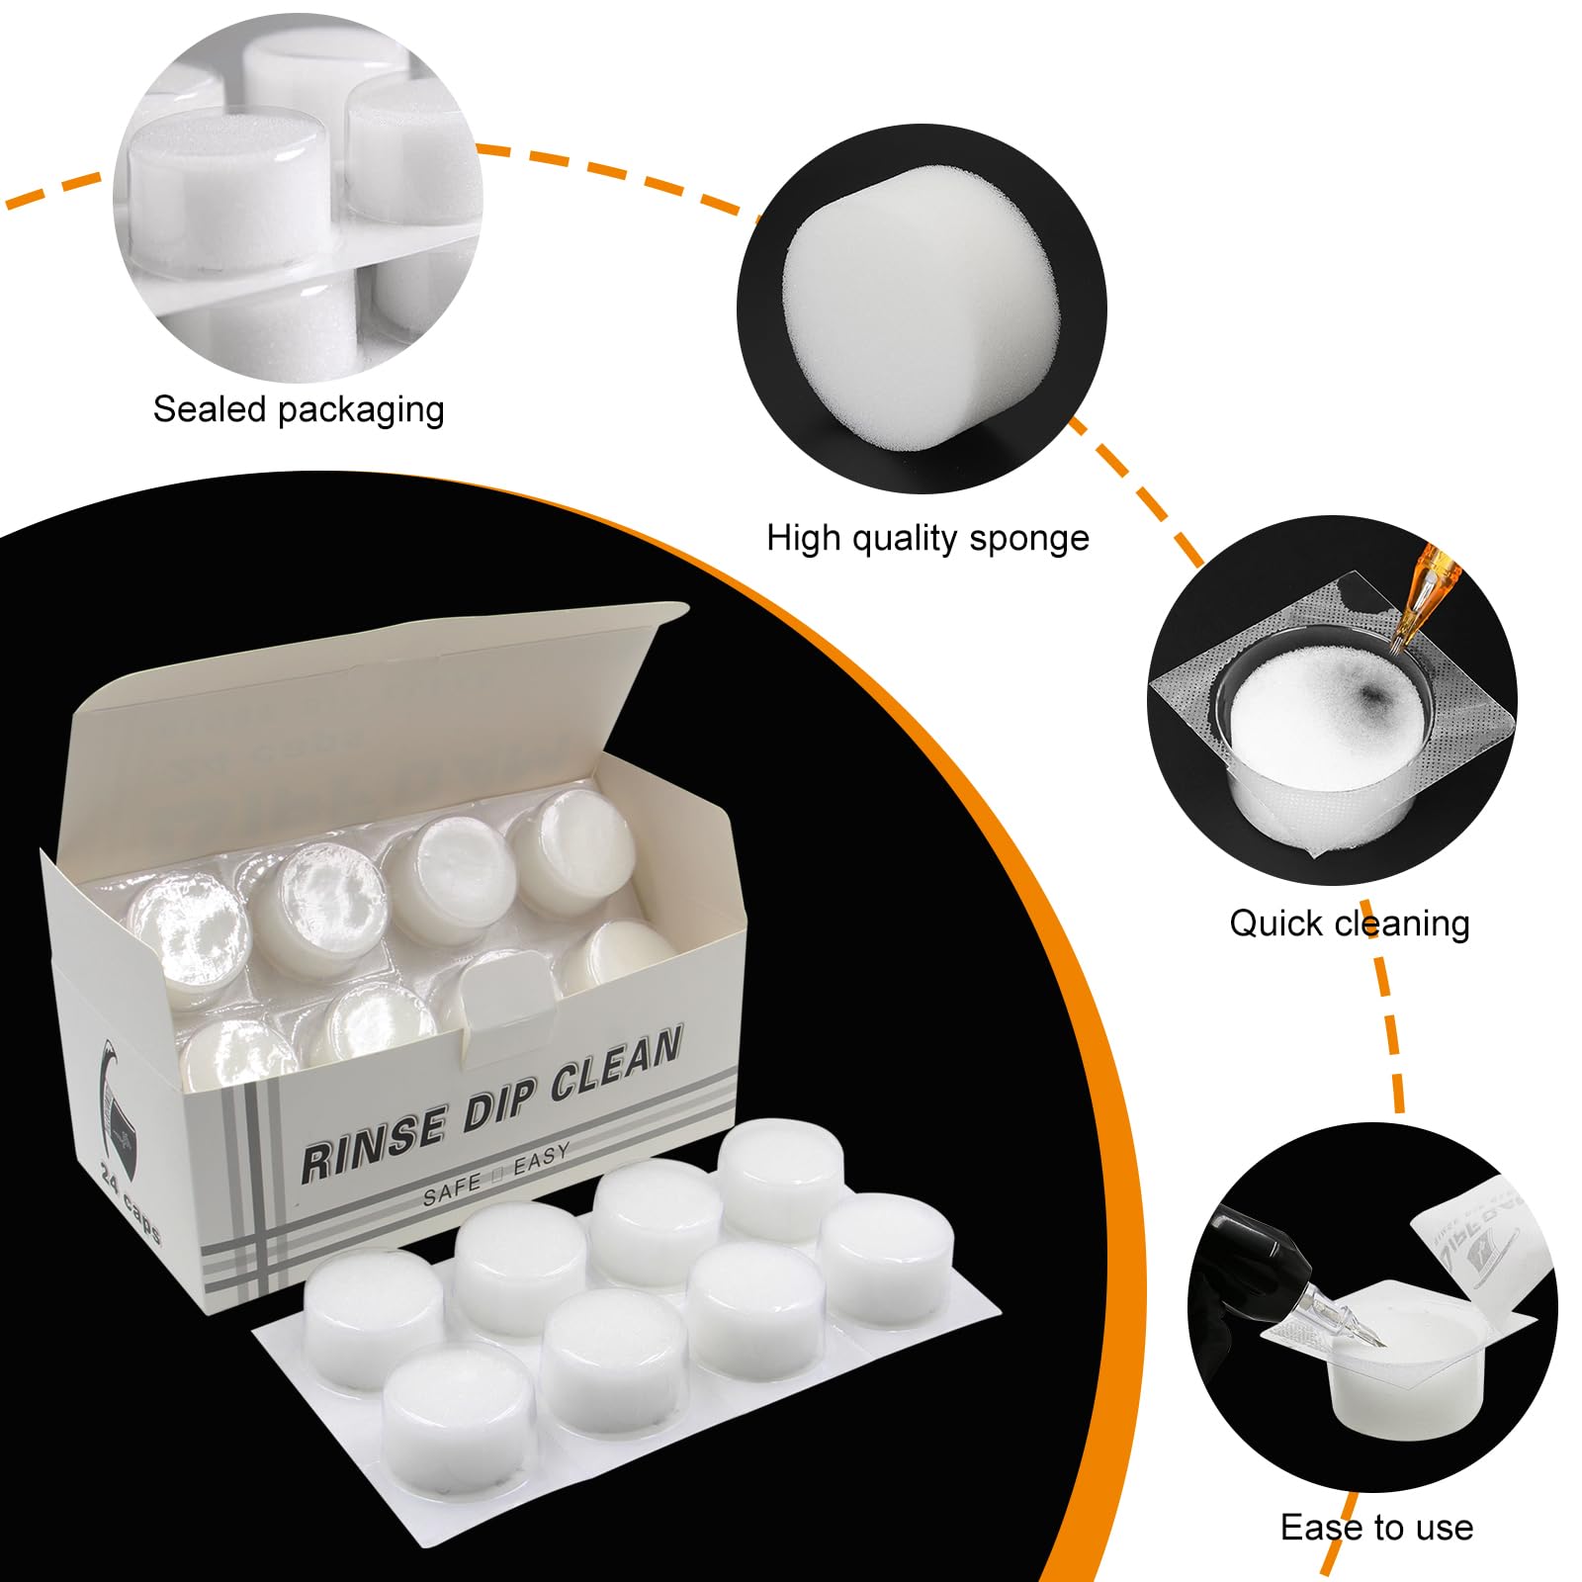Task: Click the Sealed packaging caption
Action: pyautogui.click(x=299, y=409)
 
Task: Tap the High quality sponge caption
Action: pyautogui.click(x=926, y=538)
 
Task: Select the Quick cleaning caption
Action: pyautogui.click(x=1349, y=923)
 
